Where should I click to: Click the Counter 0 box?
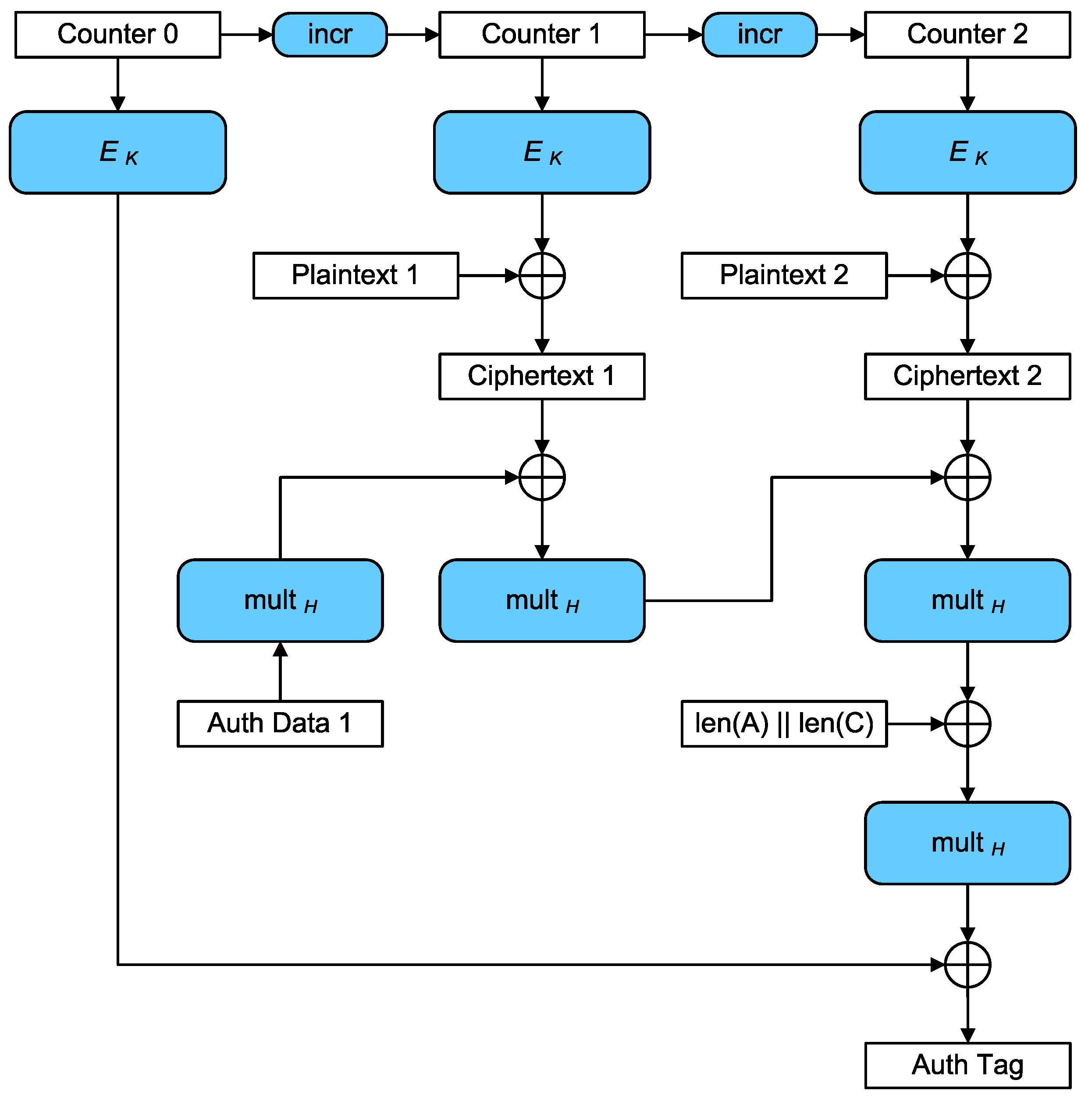tap(117, 35)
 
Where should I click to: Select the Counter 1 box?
tap(542, 35)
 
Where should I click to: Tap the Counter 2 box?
tap(967, 35)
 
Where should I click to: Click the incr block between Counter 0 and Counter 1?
tap(330, 35)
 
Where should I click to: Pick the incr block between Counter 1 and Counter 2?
tap(759, 35)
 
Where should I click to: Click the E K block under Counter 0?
tap(117, 152)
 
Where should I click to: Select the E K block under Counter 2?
tap(967, 152)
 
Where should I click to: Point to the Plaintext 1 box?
tap(356, 275)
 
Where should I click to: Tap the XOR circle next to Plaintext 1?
tap(542, 275)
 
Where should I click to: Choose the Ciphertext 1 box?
tap(542, 376)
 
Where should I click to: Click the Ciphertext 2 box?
tap(967, 376)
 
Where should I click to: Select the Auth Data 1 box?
tap(280, 723)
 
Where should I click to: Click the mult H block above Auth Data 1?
tap(280, 600)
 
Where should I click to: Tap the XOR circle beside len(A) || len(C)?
tap(967, 723)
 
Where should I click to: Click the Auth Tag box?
tap(967, 1065)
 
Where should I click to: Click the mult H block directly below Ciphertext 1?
tap(542, 600)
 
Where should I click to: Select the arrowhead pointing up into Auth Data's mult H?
tap(280, 649)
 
